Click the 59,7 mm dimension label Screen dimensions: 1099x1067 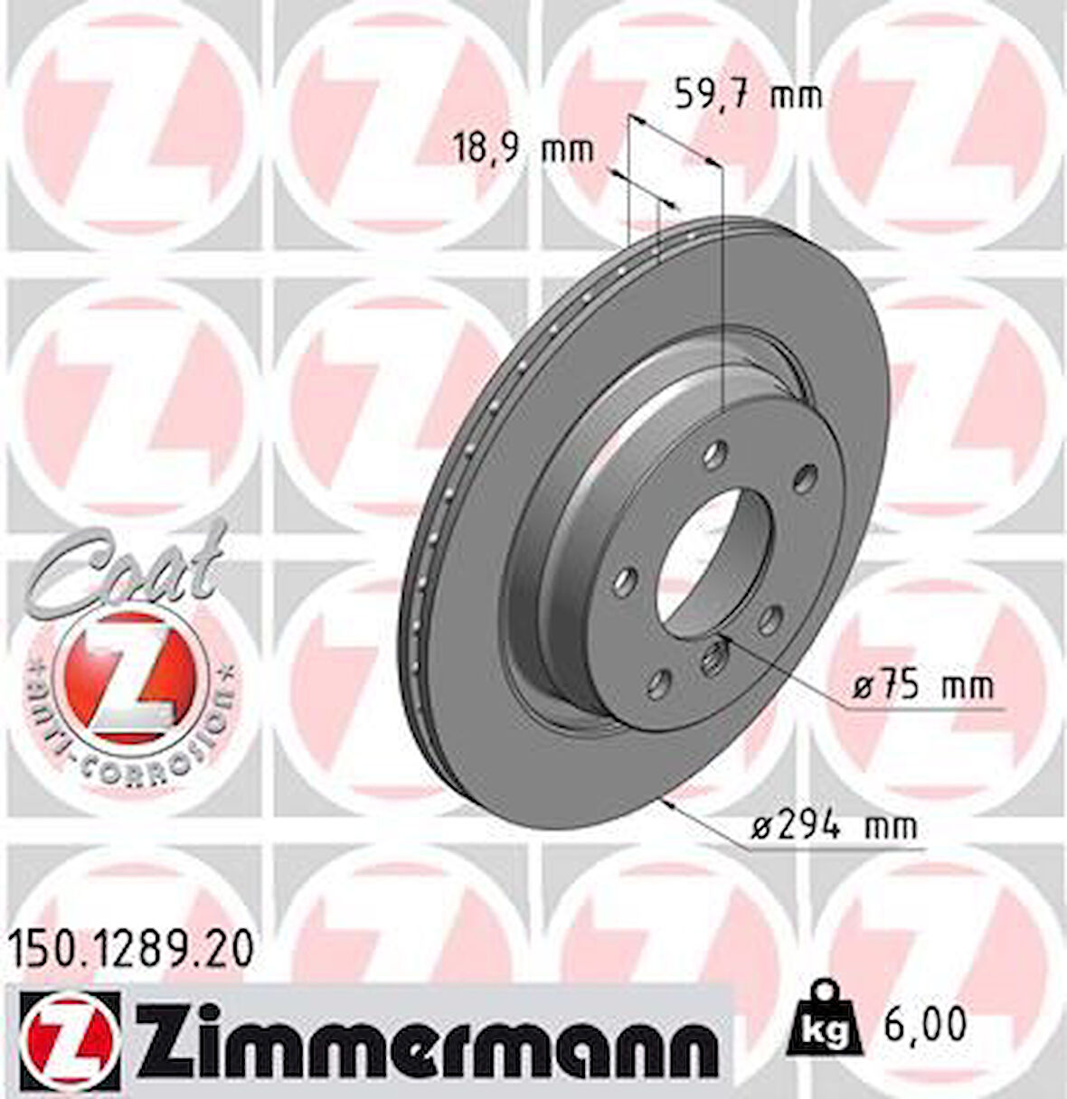[749, 95]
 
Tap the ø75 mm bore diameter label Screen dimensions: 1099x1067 [922, 686]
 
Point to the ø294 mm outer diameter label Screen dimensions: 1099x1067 [834, 825]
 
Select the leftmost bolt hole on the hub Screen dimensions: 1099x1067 [623, 581]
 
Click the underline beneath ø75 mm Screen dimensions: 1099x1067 [922, 710]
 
